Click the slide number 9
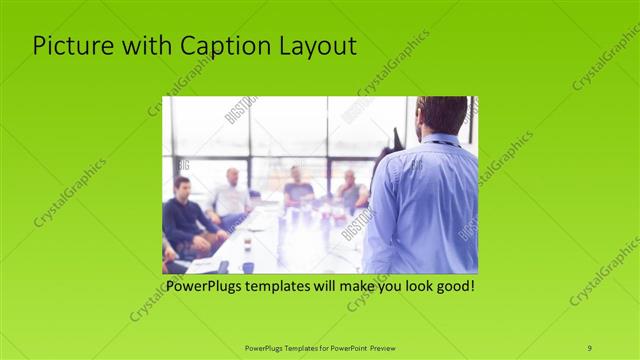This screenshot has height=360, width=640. pyautogui.click(x=589, y=347)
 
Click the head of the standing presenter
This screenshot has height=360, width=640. pyautogui.click(x=443, y=113)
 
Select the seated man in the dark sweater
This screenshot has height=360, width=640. pyautogui.click(x=185, y=215)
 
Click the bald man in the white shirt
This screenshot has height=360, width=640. pyautogui.click(x=231, y=195)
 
